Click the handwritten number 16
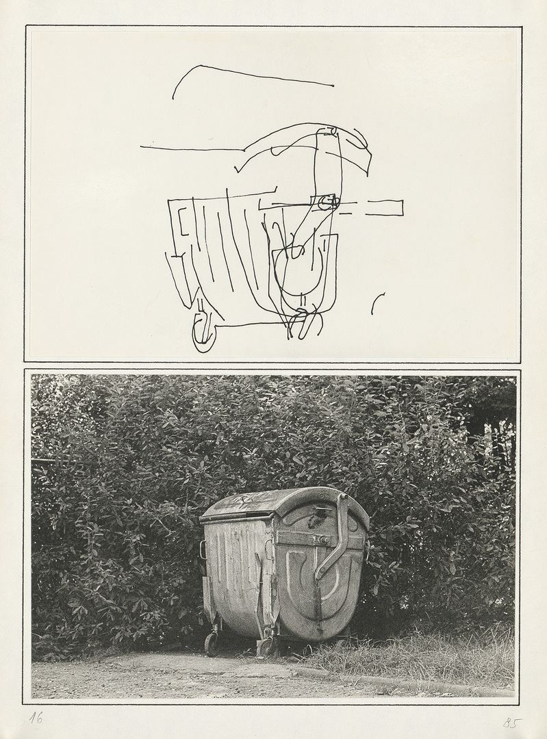point(36,718)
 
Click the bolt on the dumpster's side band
point(325,539)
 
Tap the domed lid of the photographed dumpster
point(283,506)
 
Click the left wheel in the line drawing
point(203,330)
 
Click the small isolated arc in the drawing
point(377,303)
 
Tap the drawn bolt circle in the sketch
point(326,203)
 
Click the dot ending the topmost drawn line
point(333,86)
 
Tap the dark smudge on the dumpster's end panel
point(311,520)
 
